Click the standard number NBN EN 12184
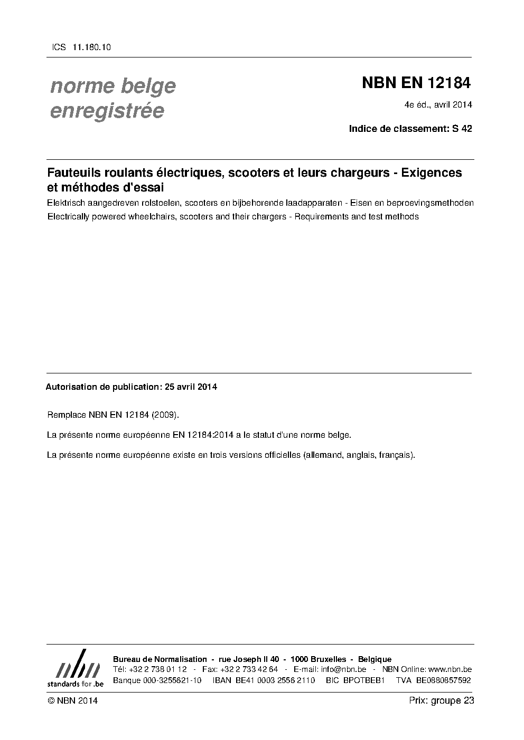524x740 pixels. point(416,83)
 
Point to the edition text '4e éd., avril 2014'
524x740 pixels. point(438,104)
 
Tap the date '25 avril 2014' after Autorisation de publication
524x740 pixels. point(191,387)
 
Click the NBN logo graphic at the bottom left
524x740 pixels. point(75,667)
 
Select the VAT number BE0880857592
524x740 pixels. point(443,680)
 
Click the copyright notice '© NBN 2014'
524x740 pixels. point(72,700)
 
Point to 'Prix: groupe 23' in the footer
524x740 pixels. point(441,700)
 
